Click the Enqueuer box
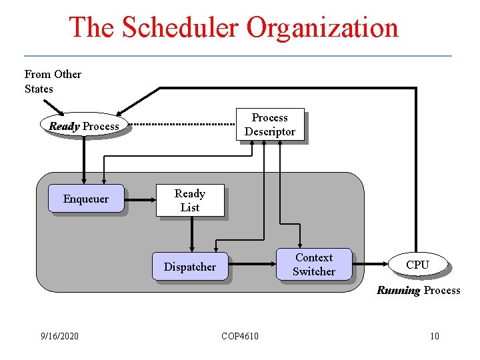pyautogui.click(x=85, y=199)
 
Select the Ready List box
pyautogui.click(x=190, y=200)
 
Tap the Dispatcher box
pyautogui.click(x=190, y=267)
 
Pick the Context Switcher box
pyautogui.click(x=314, y=265)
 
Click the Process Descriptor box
pyautogui.click(x=270, y=125)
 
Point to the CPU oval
pyautogui.click(x=417, y=265)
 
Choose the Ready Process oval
pyautogui.click(x=84, y=126)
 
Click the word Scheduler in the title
pyautogui.click(x=175, y=28)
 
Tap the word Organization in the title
pyautogui.click(x=323, y=28)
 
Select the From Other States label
pyautogui.click(x=53, y=81)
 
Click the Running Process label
pyautogui.click(x=418, y=290)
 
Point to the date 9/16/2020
pyautogui.click(x=59, y=335)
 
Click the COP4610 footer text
pyautogui.click(x=240, y=335)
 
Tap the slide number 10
pyautogui.click(x=434, y=335)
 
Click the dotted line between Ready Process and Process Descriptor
pyautogui.click(x=181, y=124)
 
